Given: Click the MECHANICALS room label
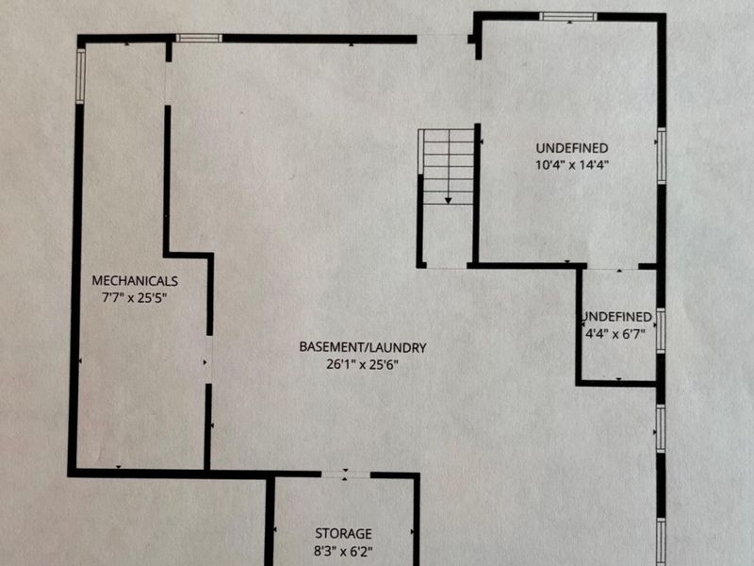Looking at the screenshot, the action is [135, 280].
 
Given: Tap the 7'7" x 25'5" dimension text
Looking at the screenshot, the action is [134, 297].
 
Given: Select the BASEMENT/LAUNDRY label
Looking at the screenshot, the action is [363, 347].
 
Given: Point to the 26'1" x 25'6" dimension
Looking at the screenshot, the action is [363, 364].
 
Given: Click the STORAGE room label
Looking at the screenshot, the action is [343, 533].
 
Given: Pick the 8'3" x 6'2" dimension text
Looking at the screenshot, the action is [343, 551].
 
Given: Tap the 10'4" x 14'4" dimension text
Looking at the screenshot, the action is [572, 165].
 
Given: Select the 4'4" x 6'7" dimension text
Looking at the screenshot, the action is [615, 334].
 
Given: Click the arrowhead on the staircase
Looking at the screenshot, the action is [449, 200].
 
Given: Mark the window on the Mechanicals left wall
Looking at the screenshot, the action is [81, 75].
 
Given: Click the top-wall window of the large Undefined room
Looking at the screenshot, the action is [568, 17].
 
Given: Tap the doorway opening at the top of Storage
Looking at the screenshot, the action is [345, 474].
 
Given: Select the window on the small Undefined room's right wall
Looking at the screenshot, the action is [662, 331].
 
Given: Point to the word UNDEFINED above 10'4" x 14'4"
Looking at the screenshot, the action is [572, 148].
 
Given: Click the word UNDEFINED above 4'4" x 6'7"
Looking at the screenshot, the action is [617, 317].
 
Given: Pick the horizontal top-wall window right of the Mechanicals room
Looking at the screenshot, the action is [199, 38].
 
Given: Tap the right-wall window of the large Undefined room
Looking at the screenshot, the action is [662, 156].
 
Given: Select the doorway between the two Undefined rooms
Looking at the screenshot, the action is [613, 267].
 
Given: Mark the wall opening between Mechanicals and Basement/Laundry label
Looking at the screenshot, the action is [208, 359].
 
